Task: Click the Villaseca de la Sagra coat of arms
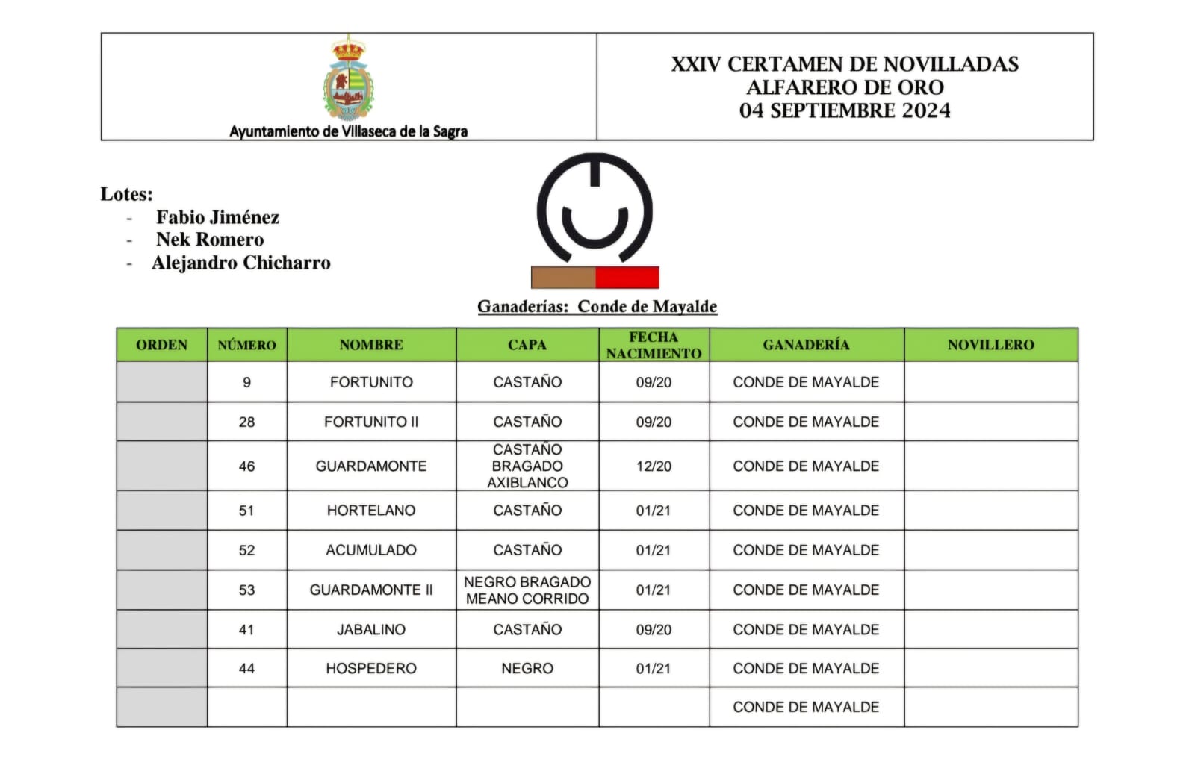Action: click(x=348, y=79)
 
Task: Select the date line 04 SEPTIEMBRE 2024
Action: click(x=845, y=110)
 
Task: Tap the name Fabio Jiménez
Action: click(x=217, y=217)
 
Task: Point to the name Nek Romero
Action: click(x=210, y=240)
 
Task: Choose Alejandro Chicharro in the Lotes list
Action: click(x=240, y=263)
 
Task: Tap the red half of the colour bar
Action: click(x=627, y=277)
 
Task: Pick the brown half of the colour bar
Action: click(x=563, y=277)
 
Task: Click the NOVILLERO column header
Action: click(x=990, y=345)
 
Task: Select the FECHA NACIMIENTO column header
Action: click(x=654, y=345)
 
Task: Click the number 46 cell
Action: click(x=246, y=466)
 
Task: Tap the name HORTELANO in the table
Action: click(x=371, y=511)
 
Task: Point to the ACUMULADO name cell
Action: click(x=371, y=550)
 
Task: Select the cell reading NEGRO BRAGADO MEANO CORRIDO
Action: click(x=527, y=590)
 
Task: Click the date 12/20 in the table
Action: click(x=654, y=466)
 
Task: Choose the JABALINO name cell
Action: click(x=371, y=629)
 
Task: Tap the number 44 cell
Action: click(x=246, y=668)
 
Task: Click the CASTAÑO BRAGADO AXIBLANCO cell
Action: click(x=527, y=466)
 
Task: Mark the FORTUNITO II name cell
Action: click(x=371, y=422)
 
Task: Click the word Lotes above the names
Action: click(x=126, y=194)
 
